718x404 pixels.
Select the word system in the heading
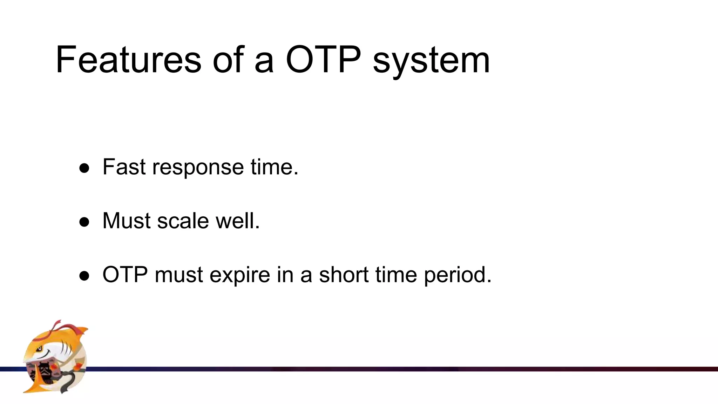431,61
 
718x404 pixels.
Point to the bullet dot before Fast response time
84,168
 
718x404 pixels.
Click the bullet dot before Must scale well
84,222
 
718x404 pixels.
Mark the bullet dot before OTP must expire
84,276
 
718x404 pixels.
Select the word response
198,168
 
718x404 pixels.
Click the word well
237,221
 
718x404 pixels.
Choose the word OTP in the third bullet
125,274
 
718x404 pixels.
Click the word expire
240,275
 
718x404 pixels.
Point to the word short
344,274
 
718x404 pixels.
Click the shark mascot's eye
40,348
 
